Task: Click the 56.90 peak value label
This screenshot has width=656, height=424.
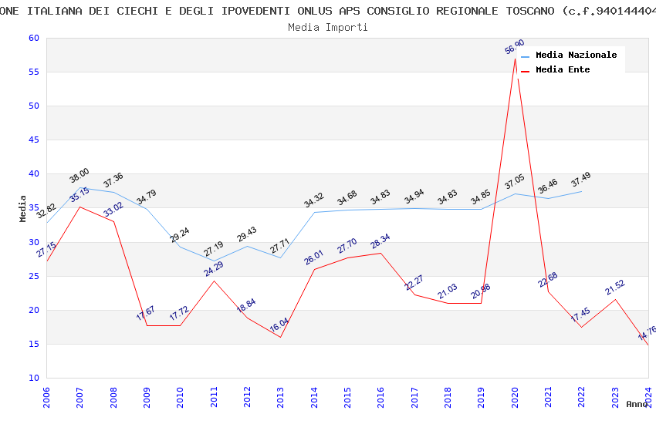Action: (x=515, y=47)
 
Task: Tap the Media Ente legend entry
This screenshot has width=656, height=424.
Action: (x=563, y=70)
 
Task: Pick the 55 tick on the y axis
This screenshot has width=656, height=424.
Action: (x=32, y=72)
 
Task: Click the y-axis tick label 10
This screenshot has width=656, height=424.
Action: (x=32, y=379)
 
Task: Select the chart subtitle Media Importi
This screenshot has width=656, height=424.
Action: (x=328, y=28)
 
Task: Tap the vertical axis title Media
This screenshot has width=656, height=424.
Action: (x=23, y=208)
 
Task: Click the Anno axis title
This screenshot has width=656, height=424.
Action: (x=637, y=404)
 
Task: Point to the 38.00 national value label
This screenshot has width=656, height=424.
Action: (x=79, y=176)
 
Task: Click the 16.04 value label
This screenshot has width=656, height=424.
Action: (x=279, y=325)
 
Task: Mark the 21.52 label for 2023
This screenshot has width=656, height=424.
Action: (x=615, y=288)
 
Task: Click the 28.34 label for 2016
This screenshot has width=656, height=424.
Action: (x=380, y=241)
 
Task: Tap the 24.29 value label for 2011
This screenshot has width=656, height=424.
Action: (x=214, y=269)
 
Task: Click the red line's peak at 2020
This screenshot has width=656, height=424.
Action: (x=515, y=59)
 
